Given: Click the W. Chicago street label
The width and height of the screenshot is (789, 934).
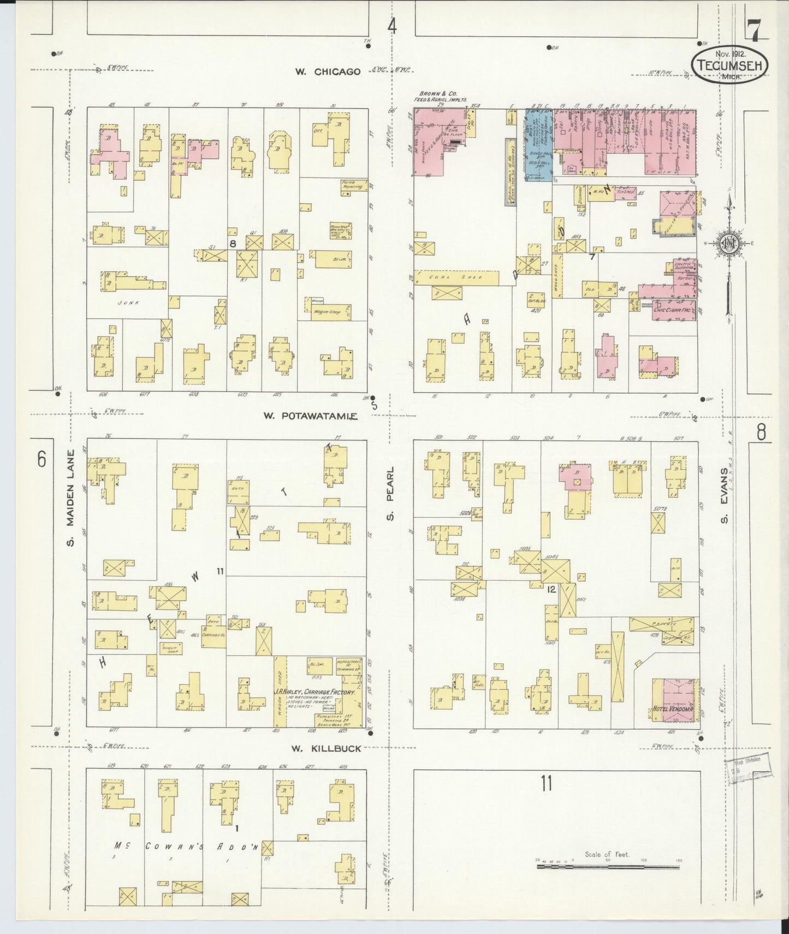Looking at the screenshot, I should click(x=328, y=72).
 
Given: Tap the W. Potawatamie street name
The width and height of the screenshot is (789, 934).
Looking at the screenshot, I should click(x=310, y=416).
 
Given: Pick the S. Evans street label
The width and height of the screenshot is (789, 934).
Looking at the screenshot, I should click(x=725, y=494).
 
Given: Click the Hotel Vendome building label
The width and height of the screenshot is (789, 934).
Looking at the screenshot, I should click(x=673, y=710).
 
